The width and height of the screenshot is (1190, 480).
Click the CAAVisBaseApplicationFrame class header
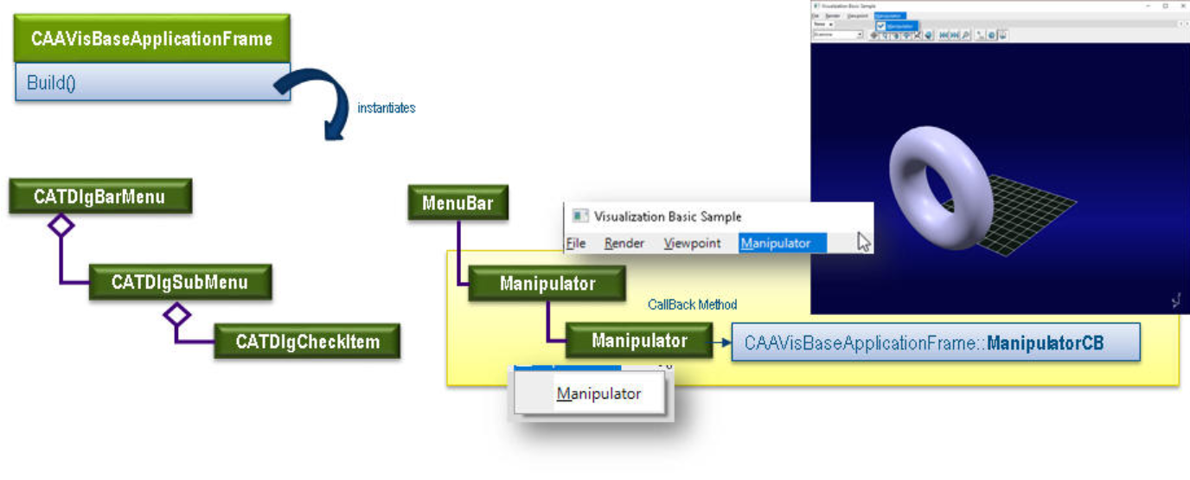click(152, 39)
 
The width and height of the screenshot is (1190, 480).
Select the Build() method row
click(152, 84)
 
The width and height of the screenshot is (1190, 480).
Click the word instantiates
click(387, 108)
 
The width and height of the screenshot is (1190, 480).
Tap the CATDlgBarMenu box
click(99, 197)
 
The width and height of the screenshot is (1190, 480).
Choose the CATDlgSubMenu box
click(180, 283)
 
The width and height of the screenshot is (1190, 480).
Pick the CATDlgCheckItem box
click(308, 341)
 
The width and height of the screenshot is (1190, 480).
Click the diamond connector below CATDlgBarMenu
click(61, 226)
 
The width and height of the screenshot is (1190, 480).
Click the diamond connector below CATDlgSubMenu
click(177, 313)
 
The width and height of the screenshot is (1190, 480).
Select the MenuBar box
click(457, 204)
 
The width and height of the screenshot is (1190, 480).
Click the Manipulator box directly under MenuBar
click(547, 284)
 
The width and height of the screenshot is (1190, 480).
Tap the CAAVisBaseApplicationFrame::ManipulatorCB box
click(936, 342)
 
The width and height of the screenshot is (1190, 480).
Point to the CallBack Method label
click(692, 304)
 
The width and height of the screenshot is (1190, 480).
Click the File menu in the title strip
click(576, 244)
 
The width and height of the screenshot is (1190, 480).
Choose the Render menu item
click(624, 244)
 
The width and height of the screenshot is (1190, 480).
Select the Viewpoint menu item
click(692, 244)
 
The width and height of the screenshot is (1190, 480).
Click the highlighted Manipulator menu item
click(782, 244)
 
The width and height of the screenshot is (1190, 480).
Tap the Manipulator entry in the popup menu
click(598, 394)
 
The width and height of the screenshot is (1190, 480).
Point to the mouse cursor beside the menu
click(863, 242)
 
